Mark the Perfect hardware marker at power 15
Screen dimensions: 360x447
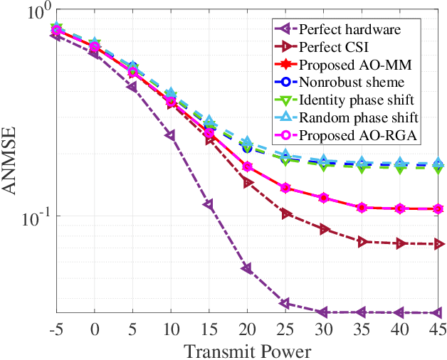(x=209, y=205)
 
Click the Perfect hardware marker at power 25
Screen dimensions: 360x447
(x=285, y=304)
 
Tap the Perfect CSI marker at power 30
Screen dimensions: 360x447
(x=324, y=229)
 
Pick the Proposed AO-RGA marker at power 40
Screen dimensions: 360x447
(x=400, y=208)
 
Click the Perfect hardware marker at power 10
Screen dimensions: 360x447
(x=171, y=135)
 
